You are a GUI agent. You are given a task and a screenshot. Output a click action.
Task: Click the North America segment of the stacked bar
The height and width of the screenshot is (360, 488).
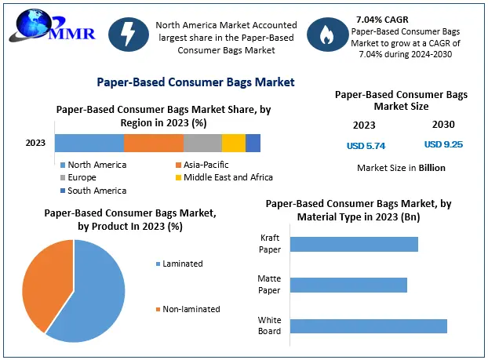tap(89, 143)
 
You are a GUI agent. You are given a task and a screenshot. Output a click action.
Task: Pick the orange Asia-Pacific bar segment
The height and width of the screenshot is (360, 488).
tap(154, 143)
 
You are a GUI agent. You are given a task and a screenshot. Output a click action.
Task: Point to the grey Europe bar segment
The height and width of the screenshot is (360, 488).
tap(202, 143)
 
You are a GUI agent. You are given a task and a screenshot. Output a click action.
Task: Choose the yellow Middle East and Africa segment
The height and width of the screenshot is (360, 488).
tap(234, 143)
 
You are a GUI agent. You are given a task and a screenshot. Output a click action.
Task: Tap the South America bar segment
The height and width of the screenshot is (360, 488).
tap(253, 143)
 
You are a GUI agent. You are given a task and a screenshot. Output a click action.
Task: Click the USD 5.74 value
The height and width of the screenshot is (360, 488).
tap(366, 145)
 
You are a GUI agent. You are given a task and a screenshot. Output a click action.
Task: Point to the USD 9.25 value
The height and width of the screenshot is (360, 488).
tap(443, 144)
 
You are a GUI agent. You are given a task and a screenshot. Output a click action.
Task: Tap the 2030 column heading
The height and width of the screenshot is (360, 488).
tap(443, 124)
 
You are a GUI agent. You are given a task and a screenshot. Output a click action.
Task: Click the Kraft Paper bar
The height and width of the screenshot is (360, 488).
tap(354, 244)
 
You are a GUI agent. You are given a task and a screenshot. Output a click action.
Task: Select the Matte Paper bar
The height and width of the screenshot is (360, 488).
tap(348, 284)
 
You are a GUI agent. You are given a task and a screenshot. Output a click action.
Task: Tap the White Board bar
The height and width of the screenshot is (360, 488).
tap(368, 325)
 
